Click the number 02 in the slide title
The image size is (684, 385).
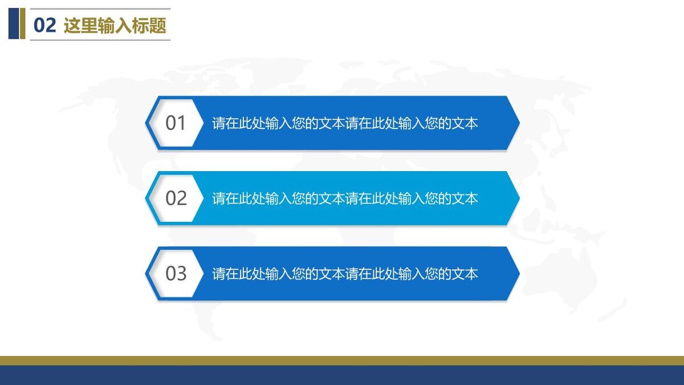point(45,26)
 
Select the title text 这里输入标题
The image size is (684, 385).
point(115,26)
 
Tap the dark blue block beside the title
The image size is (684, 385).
point(14,23)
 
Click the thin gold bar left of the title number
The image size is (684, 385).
point(23,23)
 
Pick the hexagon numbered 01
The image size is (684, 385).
point(176,123)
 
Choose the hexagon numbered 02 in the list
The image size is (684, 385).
point(176,198)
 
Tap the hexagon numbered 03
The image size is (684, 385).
point(176,273)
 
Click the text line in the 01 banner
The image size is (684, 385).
point(345,123)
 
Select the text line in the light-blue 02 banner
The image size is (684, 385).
point(345,198)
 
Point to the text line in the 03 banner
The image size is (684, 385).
point(345,274)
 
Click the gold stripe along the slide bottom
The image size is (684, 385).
point(342,360)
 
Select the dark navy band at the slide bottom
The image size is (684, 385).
point(342,375)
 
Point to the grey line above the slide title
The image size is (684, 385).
point(100,9)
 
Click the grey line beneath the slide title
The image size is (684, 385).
point(100,40)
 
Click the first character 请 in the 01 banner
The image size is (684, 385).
point(219,123)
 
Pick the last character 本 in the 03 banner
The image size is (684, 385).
point(471,274)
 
